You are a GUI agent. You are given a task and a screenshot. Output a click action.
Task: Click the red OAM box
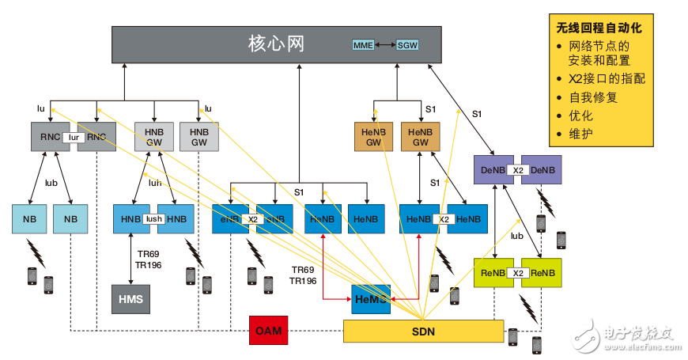point(269,330)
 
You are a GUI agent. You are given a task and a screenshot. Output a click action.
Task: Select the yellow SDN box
point(423,331)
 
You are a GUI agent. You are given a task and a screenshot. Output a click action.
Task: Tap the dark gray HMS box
point(130,298)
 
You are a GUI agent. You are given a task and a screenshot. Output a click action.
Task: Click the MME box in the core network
point(364,45)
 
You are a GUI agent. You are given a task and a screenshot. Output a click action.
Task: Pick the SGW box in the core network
point(407,45)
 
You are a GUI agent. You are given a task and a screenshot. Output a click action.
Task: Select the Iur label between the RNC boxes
point(76,137)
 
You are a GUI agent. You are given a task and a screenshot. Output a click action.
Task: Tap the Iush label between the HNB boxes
point(153,219)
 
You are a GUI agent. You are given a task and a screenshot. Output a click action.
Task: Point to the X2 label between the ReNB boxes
point(518,273)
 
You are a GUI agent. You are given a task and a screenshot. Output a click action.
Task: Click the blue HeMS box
point(372,299)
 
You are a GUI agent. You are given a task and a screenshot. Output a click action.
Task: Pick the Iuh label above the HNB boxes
point(155,182)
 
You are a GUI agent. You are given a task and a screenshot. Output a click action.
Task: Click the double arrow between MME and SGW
point(386,45)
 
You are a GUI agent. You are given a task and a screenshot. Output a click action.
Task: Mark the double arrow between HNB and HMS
point(130,259)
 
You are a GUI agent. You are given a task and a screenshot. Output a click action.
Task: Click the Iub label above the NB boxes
point(51,182)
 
